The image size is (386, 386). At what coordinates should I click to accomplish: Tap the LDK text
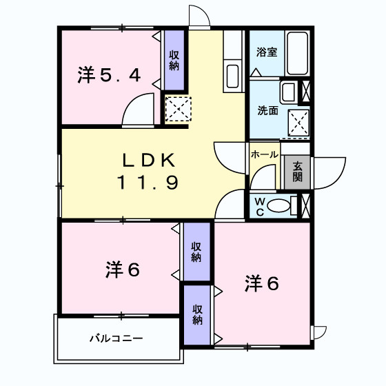pos(150,161)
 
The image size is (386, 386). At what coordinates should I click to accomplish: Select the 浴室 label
pos(267,52)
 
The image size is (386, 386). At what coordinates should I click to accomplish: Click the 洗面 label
pos(267,110)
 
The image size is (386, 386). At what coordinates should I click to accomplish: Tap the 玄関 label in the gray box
pos(297,171)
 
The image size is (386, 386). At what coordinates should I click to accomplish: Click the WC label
pos(259,205)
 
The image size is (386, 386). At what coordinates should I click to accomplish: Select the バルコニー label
pos(115,339)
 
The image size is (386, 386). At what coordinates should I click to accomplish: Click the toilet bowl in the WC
pos(279,205)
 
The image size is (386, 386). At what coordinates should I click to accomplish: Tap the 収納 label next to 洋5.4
pos(174,61)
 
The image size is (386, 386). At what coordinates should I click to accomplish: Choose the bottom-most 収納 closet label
pos(198,314)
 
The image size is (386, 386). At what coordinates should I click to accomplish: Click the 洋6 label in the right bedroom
pos(263,283)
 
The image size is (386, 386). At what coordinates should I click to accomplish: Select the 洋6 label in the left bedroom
pos(123,270)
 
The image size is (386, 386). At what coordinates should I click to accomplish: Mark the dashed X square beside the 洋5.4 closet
pos(178,109)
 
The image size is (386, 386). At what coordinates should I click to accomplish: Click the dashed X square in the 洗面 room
pos(298,123)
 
